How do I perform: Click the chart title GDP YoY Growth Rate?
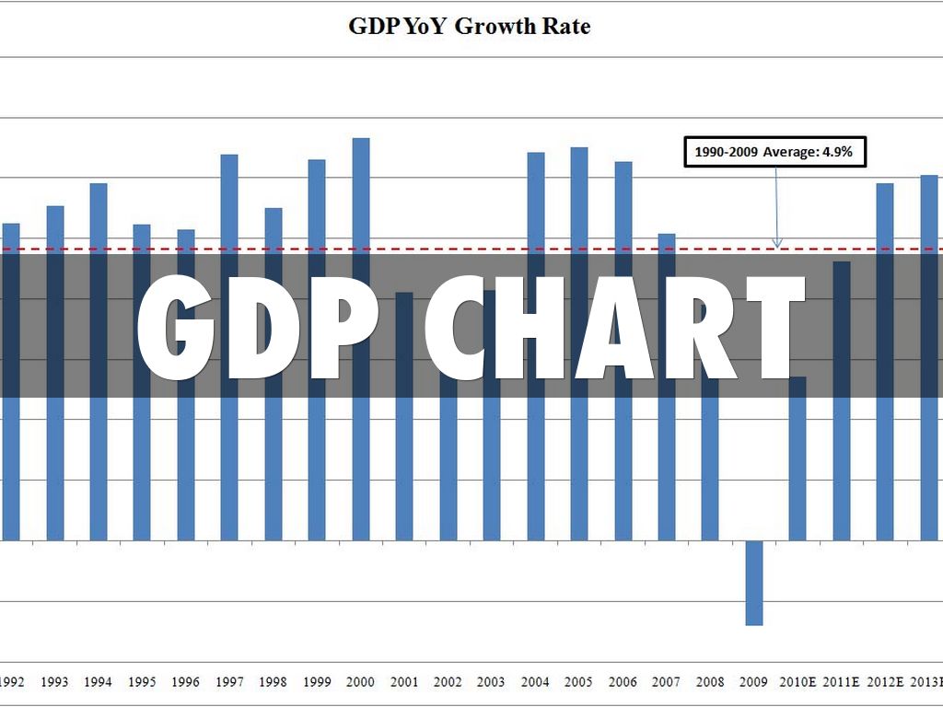tap(469, 26)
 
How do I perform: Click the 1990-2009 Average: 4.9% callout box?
tap(775, 152)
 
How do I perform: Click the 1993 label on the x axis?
tap(54, 682)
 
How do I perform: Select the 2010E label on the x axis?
tap(797, 682)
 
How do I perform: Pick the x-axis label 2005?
tap(578, 682)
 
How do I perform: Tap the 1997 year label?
tap(229, 682)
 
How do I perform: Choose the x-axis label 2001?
tap(403, 682)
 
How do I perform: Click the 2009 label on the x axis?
tap(753, 682)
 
